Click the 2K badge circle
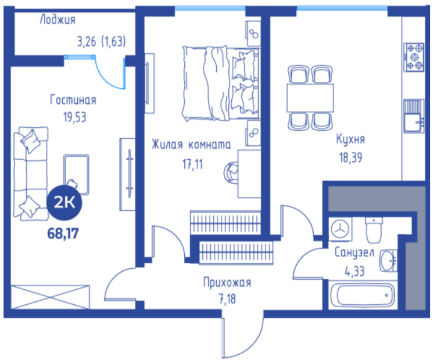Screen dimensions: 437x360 point(64,203)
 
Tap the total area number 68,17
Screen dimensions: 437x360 point(63,233)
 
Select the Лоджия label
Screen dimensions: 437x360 point(58,20)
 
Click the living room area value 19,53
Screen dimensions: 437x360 point(75,117)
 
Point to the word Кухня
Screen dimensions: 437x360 point(350,139)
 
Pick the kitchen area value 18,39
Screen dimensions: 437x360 point(350,158)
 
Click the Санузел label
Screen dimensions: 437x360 point(354,253)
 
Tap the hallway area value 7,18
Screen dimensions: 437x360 point(227,299)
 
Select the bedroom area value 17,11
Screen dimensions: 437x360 point(192,164)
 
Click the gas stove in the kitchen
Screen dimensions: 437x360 point(415,57)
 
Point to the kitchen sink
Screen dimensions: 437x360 point(414,116)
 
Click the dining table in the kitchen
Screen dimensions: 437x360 point(310,98)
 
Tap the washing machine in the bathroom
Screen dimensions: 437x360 point(341,230)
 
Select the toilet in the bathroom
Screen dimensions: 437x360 point(374,231)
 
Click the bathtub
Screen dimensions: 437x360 point(363,295)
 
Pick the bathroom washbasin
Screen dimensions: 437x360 point(389,261)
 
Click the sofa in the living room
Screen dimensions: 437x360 point(31,174)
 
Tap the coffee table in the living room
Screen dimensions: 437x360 point(76,175)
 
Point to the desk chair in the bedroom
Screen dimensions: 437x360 point(231,173)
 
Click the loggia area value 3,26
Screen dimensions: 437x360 point(87,42)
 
